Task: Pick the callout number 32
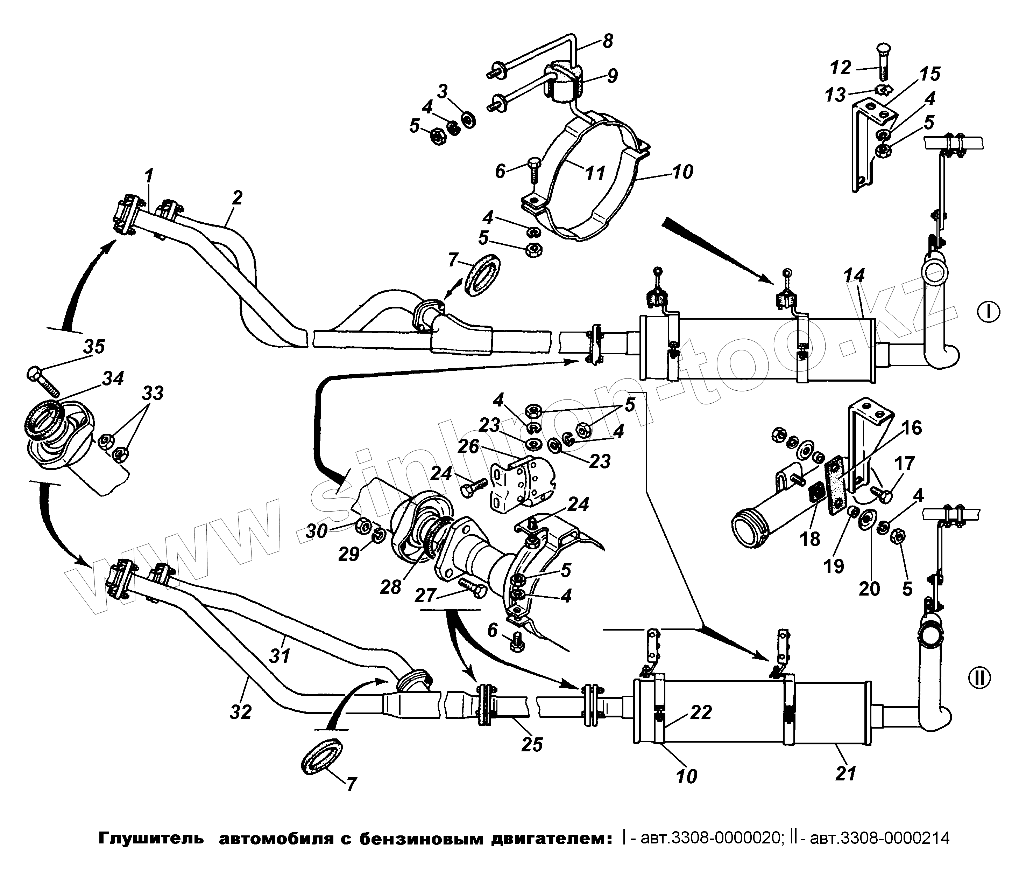click(x=241, y=712)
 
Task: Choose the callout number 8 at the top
click(x=608, y=41)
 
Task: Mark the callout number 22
click(x=701, y=712)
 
